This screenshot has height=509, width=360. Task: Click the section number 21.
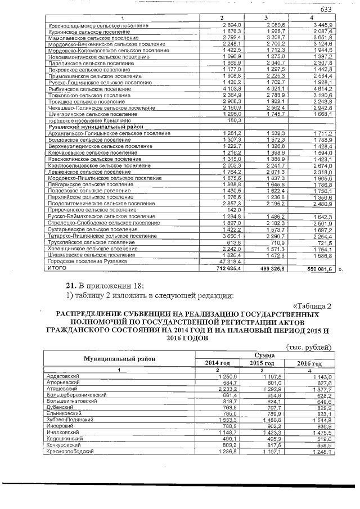coord(71,286)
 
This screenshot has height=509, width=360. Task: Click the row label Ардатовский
coord(64,375)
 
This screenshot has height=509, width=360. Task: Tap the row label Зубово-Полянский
coord(70,419)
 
